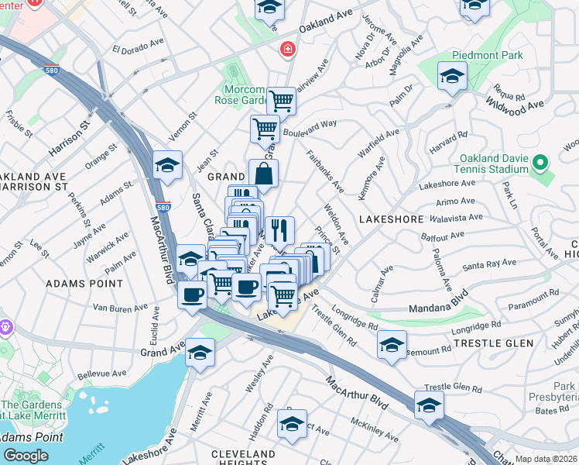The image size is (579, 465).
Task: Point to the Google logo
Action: [x=26, y=456]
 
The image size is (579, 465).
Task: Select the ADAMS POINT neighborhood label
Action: [x=84, y=284]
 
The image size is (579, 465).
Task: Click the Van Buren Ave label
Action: [x=120, y=308]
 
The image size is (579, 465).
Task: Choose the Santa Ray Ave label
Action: [x=490, y=264]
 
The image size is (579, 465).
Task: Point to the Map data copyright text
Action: [x=546, y=459]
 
